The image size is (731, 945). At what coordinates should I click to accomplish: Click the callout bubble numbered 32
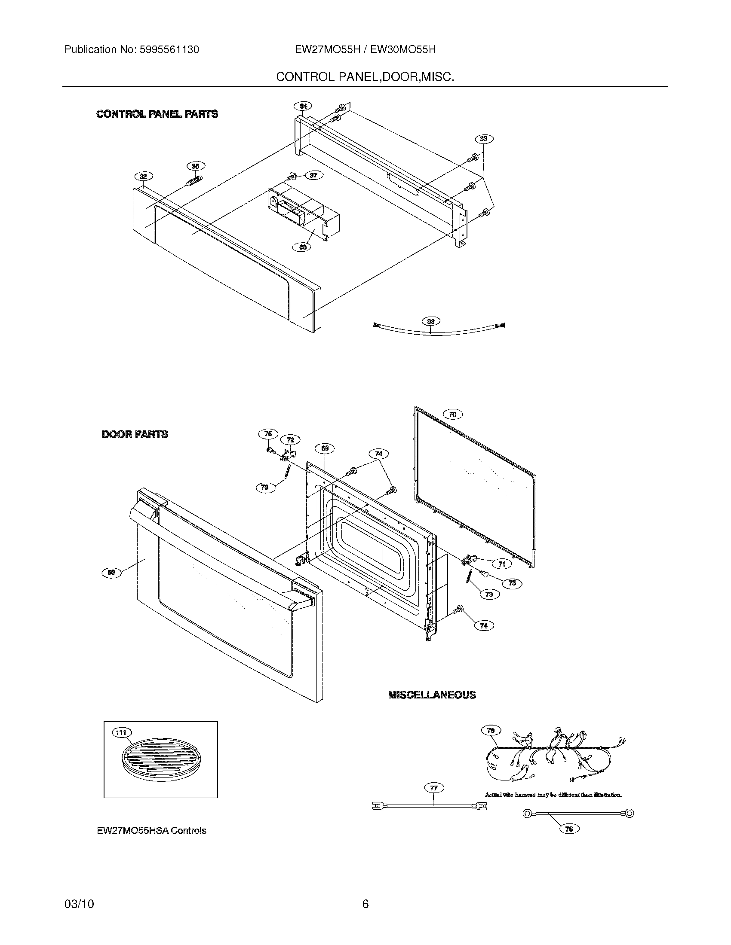pyautogui.click(x=143, y=176)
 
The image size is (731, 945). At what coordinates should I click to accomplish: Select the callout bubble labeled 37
pyautogui.click(x=313, y=175)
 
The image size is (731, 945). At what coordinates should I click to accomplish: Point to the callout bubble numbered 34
pyautogui.click(x=303, y=106)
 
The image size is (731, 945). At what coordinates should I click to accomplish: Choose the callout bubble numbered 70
pyautogui.click(x=452, y=414)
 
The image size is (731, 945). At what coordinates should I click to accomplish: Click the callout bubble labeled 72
pyautogui.click(x=290, y=439)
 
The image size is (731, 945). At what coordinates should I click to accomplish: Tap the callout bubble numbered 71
pyautogui.click(x=501, y=564)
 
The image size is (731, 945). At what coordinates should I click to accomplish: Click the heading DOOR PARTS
pyautogui.click(x=135, y=434)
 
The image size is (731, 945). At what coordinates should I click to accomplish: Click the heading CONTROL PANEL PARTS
pyautogui.click(x=157, y=114)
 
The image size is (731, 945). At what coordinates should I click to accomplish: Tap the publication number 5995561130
pyautogui.click(x=169, y=50)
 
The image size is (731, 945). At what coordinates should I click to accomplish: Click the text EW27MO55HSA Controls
pyautogui.click(x=151, y=830)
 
